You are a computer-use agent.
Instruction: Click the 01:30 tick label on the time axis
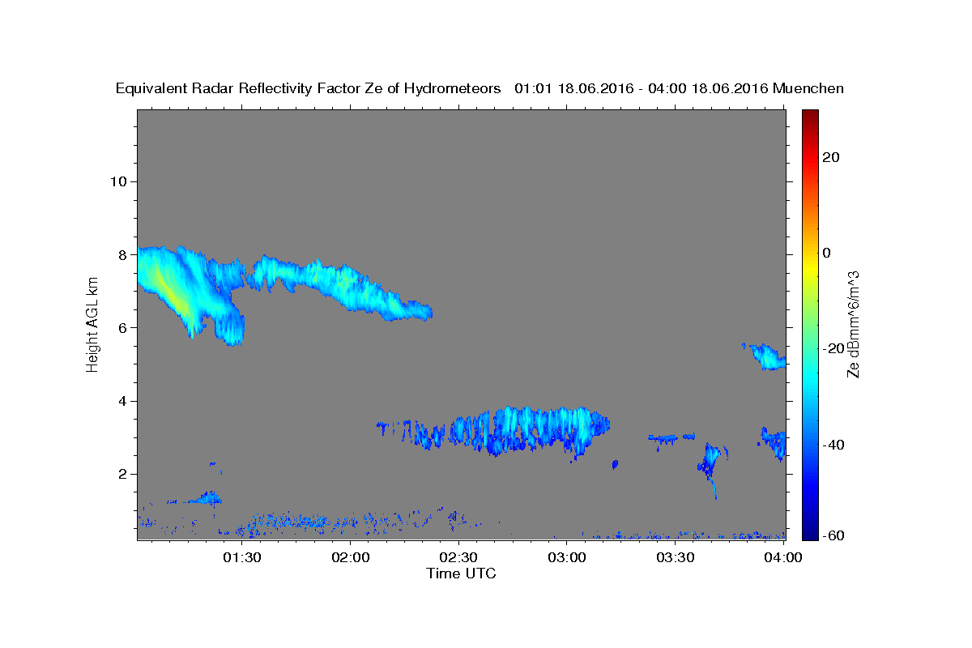[242, 558]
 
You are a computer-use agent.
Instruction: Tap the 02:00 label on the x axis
[351, 558]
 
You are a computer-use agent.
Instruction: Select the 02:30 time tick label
[458, 558]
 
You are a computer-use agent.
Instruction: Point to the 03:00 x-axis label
[567, 558]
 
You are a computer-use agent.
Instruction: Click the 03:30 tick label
[676, 558]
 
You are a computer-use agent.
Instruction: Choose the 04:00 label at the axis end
[783, 558]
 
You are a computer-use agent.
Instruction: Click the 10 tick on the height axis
[118, 182]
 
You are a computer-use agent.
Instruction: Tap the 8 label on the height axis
[123, 255]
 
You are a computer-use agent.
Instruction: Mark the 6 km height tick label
[123, 328]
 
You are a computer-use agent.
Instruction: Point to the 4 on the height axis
[123, 402]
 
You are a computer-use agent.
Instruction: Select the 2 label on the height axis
[123, 475]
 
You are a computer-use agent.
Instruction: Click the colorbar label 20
[831, 157]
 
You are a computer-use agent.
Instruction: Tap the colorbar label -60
[833, 535]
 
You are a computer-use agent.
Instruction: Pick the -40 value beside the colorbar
[833, 445]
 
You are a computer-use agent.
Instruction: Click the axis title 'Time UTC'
[461, 573]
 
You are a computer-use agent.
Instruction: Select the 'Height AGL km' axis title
[92, 325]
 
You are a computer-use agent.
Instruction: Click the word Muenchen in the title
[808, 88]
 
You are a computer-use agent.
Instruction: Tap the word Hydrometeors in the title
[452, 89]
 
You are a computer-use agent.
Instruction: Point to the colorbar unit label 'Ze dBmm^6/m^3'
[853, 325]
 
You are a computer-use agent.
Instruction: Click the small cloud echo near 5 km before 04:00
[767, 356]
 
